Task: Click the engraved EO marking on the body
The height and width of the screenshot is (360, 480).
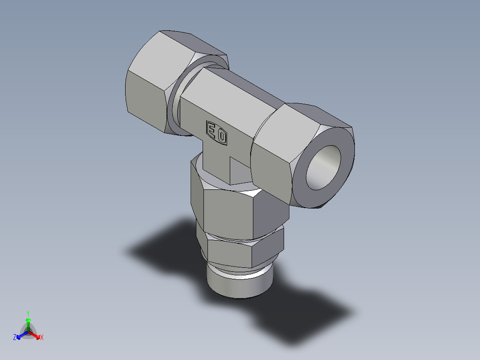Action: (216, 133)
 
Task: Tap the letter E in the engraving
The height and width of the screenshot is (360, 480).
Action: (211, 130)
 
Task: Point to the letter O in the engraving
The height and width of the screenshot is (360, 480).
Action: (221, 136)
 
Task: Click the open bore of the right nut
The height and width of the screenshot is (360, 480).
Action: (324, 167)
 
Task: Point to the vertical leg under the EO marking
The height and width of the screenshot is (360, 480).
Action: (216, 163)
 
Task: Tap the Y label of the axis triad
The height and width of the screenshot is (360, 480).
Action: (28, 313)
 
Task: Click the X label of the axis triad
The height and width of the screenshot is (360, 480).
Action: (42, 338)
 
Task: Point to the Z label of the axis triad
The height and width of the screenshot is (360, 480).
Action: (15, 338)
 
